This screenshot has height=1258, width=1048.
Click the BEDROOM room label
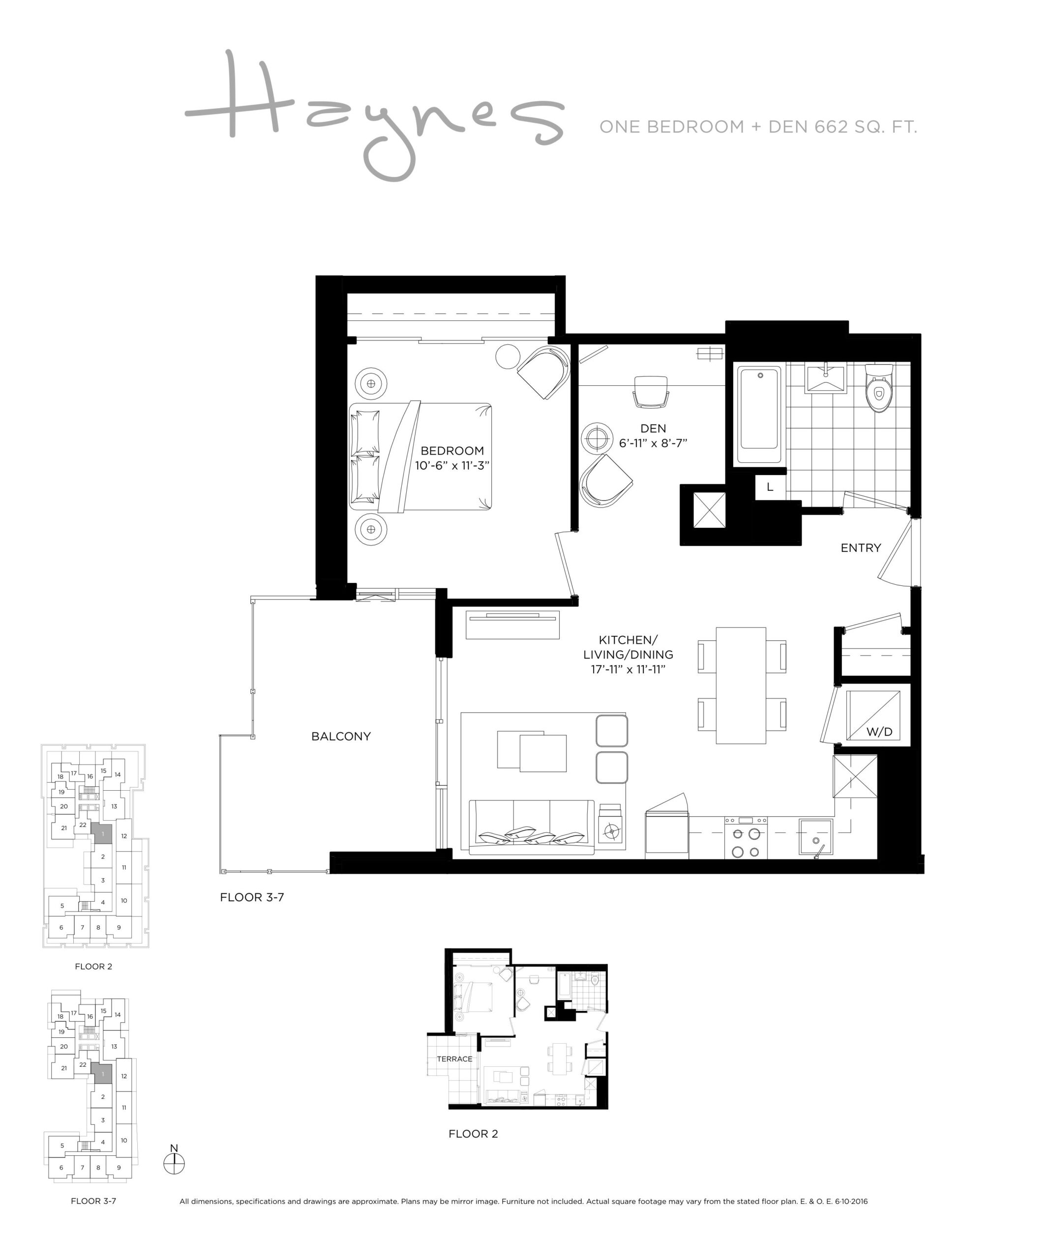[452, 451]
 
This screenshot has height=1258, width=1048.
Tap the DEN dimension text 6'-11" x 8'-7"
[653, 443]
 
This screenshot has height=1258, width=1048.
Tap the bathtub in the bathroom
[759, 415]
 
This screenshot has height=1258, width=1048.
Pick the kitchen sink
[815, 837]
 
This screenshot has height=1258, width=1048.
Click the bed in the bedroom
[420, 457]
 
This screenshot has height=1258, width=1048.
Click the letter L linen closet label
[770, 487]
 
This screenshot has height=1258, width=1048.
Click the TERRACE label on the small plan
[454, 1058]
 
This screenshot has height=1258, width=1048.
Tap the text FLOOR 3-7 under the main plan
[252, 897]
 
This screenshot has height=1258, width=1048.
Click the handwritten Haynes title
[375, 114]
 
